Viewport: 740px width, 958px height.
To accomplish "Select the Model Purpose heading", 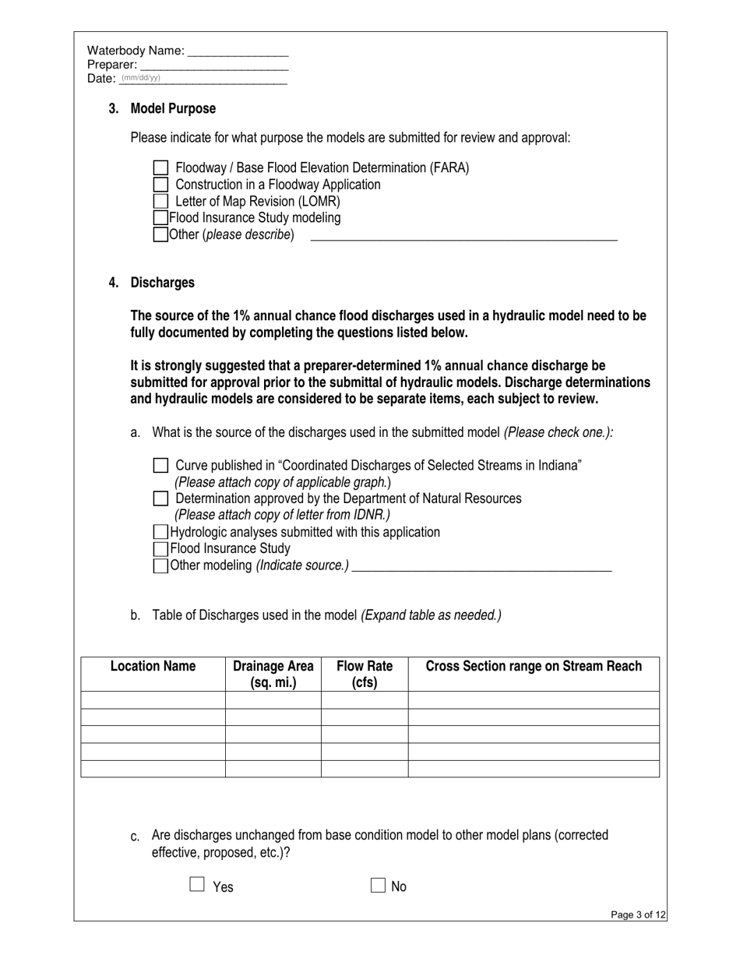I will (173, 108).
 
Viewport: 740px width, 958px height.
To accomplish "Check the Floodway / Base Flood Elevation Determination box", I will (160, 167).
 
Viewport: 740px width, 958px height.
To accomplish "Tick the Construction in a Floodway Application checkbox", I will (160, 185).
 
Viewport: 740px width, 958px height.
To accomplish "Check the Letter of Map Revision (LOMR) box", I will (160, 201).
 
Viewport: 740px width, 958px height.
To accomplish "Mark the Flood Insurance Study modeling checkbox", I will (160, 218).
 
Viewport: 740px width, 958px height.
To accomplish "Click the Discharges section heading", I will (162, 283).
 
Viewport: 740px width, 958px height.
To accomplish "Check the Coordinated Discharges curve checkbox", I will (160, 466).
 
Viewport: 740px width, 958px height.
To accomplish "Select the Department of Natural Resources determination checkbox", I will (160, 498).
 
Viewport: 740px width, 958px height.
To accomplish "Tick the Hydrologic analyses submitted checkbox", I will (160, 532).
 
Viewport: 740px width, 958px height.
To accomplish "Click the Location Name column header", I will (153, 667).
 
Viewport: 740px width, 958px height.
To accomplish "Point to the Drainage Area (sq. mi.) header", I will (273, 674).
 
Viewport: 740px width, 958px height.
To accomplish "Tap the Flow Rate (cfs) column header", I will (365, 674).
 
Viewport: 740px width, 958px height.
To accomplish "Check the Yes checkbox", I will (197, 885).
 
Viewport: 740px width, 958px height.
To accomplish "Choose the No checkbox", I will (378, 885).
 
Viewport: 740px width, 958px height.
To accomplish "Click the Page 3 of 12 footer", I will (639, 915).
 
